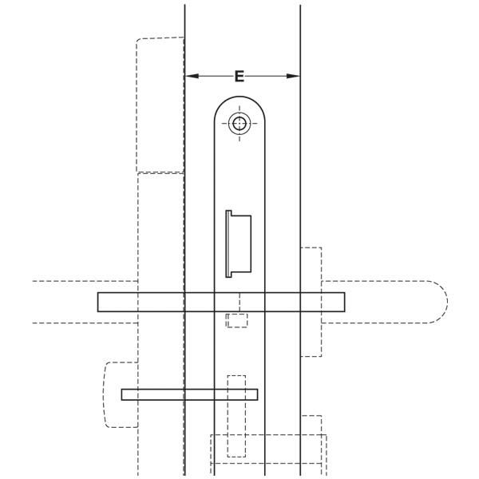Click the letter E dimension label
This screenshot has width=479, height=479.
click(x=239, y=76)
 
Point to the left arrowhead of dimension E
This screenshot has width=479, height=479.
click(x=192, y=76)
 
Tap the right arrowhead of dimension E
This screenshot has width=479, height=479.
click(x=293, y=76)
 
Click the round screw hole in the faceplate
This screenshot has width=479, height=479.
click(x=239, y=124)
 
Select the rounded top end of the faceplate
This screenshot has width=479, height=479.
click(x=239, y=97)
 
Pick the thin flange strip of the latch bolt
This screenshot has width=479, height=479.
click(x=228, y=243)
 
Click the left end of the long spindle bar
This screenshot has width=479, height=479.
click(x=98, y=302)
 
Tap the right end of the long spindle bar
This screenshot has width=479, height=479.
click(x=344, y=302)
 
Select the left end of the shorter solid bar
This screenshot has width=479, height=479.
click(x=122, y=394)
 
